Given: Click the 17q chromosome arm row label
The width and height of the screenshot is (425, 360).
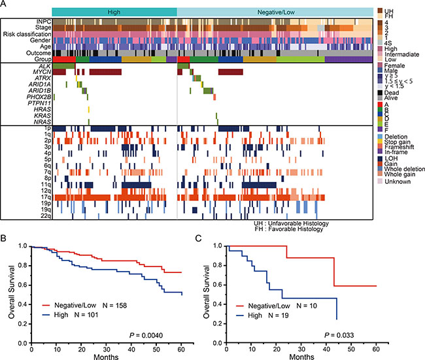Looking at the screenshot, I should (x=45, y=196).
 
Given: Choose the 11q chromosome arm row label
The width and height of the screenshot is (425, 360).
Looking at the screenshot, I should (x=45, y=185).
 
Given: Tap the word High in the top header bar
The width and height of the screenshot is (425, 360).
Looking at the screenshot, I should (x=114, y=12).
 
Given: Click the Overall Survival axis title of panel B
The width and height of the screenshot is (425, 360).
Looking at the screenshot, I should (x=12, y=293).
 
